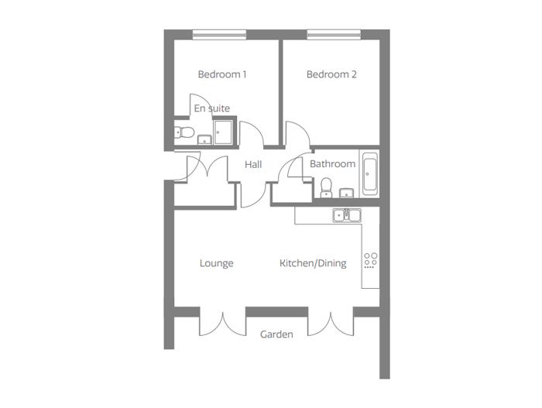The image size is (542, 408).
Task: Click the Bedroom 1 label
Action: click(222, 74)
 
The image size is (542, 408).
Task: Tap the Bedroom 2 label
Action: click(331, 74)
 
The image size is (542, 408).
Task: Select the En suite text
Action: click(212, 108)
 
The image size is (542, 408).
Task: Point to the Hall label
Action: click(253, 165)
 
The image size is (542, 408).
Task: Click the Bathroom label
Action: click(332, 164)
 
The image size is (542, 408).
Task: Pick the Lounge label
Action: click(216, 263)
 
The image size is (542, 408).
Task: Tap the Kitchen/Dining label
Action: click(313, 263)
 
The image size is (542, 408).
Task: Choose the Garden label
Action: click(276, 334)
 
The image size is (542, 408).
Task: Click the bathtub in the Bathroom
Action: click(369, 174)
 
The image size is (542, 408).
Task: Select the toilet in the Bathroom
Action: click(326, 188)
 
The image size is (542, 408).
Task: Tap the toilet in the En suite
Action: click(184, 132)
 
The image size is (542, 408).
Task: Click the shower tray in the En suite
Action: click(223, 132)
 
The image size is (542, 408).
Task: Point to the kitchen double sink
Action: click(347, 215)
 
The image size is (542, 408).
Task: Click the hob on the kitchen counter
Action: click(371, 261)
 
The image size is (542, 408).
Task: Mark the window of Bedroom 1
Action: click(219, 35)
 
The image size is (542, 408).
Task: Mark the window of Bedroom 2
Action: click(334, 35)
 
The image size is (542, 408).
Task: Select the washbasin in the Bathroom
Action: click(346, 193)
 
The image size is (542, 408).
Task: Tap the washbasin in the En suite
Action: click(204, 139)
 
